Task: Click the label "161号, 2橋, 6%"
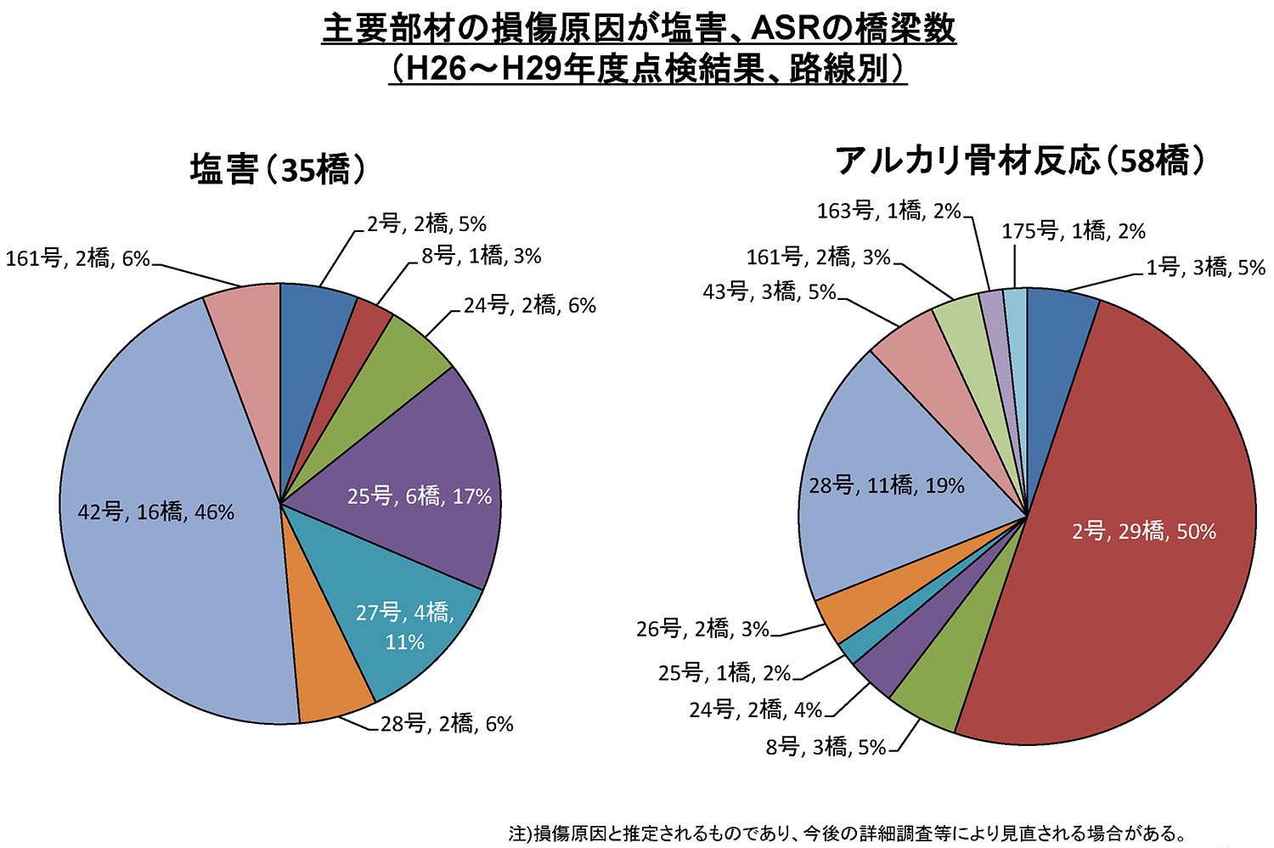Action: [77, 258]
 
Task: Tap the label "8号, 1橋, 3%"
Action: [481, 256]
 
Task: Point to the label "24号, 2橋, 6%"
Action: [529, 305]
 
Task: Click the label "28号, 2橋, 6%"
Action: [447, 724]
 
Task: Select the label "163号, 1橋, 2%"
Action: [888, 211]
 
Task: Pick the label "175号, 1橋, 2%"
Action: [1074, 231]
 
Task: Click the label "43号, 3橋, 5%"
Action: [769, 291]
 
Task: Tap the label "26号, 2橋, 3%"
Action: [702, 629]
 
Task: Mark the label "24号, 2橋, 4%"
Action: [755, 709]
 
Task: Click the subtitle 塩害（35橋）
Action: [278, 169]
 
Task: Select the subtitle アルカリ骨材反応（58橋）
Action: [1020, 160]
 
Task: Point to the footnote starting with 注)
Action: [847, 833]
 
